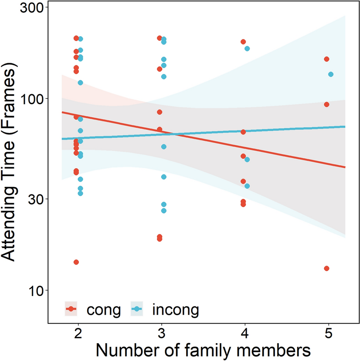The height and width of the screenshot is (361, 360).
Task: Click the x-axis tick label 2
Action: (x=78, y=334)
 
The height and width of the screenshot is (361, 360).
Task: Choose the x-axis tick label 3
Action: (x=162, y=334)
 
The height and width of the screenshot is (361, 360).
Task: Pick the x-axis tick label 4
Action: (x=245, y=334)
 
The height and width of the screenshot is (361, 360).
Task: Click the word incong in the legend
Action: (x=175, y=310)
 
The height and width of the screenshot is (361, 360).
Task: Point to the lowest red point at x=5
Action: (x=326, y=268)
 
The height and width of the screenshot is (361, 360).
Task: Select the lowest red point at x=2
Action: (x=76, y=262)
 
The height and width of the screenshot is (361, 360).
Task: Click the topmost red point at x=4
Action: (x=243, y=42)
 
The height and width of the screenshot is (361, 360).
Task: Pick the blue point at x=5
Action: (x=331, y=75)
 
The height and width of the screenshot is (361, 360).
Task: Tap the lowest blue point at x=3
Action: (x=164, y=211)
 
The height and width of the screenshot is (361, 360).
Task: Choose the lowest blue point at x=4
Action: (x=247, y=186)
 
